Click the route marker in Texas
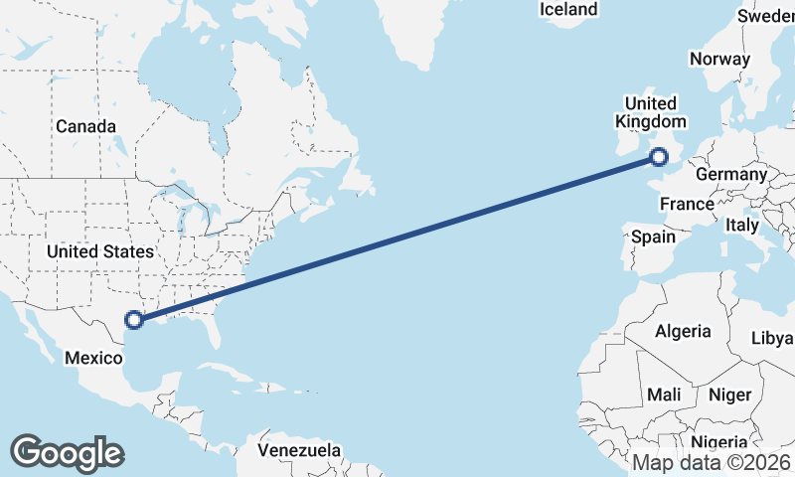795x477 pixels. [134, 320]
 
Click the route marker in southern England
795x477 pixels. [658, 156]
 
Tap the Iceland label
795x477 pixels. [568, 10]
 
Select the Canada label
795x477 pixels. [85, 127]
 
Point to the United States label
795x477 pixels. [99, 251]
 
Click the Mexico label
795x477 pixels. [92, 357]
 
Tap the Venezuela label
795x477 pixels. [298, 450]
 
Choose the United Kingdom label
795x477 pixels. [651, 112]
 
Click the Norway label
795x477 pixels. [719, 59]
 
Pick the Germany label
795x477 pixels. [731, 175]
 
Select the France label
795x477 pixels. [688, 204]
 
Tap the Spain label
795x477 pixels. [653, 238]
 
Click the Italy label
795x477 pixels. [741, 226]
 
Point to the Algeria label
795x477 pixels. [683, 331]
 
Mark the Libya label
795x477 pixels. [772, 338]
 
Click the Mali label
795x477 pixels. [663, 395]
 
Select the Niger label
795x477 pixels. [729, 395]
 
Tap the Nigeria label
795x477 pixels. [717, 442]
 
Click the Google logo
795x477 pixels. [67, 453]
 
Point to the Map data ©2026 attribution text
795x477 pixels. [712, 462]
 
